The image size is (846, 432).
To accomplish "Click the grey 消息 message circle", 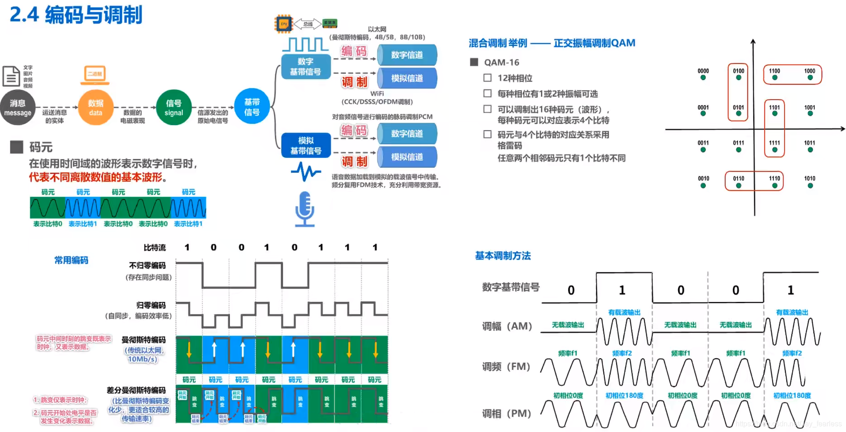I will [x=18, y=107].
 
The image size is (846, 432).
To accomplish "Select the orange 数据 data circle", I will [x=96, y=107].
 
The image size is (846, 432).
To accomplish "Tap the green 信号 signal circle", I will [x=174, y=107].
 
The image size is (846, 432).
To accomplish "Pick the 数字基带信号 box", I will [x=306, y=67].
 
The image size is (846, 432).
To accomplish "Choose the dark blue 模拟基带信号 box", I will [x=306, y=146].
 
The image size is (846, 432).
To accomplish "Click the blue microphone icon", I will [x=305, y=209].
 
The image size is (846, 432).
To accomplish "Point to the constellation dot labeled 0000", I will [x=703, y=78].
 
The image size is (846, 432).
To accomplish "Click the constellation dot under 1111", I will [x=774, y=150].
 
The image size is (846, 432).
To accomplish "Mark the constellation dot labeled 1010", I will [x=810, y=185].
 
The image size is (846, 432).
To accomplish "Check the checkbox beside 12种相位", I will [x=488, y=78].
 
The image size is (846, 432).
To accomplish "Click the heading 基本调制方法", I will [x=502, y=256].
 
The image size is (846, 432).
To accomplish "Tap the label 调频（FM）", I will [x=506, y=366].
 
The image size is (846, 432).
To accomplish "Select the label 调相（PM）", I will [x=507, y=413].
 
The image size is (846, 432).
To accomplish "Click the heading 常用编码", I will [x=72, y=260].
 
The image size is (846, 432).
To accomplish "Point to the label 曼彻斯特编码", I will [x=143, y=340].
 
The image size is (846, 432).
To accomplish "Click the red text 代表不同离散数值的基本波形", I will [x=98, y=177].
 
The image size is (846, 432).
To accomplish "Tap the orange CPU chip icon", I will [x=284, y=24].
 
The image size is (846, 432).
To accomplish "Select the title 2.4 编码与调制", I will [x=76, y=15].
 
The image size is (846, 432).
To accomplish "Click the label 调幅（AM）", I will [x=507, y=326].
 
